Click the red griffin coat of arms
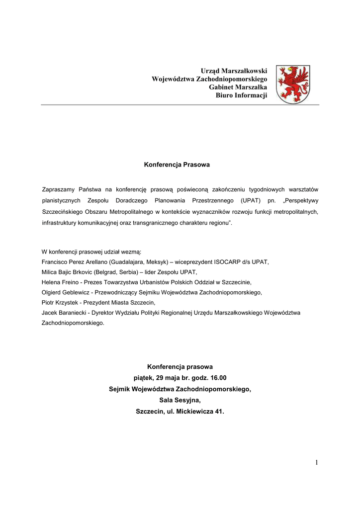pos(292,84)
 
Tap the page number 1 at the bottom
pos(316,463)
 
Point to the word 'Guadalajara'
pos(128,261)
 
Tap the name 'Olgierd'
pos(52,292)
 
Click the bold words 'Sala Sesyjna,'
pos(180,400)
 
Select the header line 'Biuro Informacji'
pos(241,95)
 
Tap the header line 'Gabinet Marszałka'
pos(238,87)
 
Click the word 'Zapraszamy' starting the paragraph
pos(58,189)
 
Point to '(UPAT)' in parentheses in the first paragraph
pos(254,201)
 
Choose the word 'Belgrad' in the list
pos(126,272)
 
